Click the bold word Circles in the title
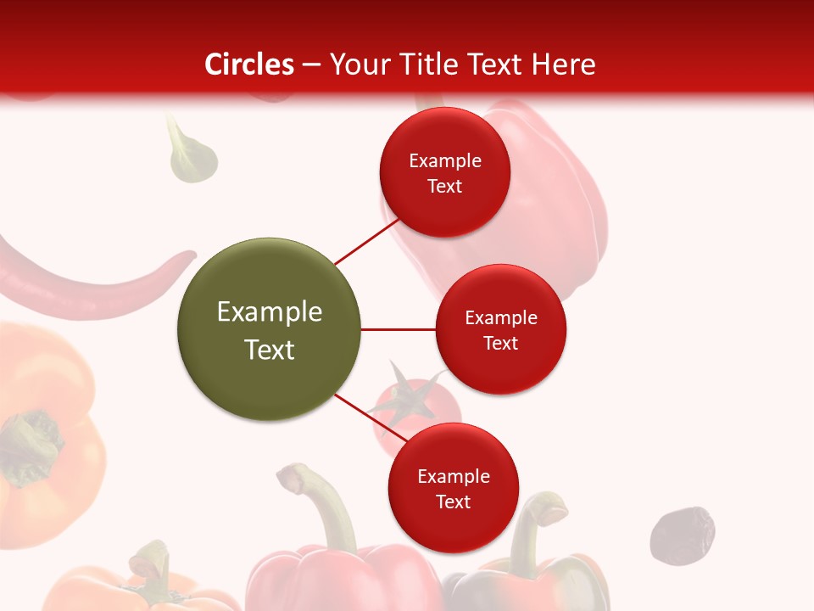point(249,64)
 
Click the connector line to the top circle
point(366,242)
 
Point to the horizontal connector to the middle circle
point(399,329)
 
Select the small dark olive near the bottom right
point(682,535)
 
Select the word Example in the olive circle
point(270,312)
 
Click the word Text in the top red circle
point(444,187)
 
